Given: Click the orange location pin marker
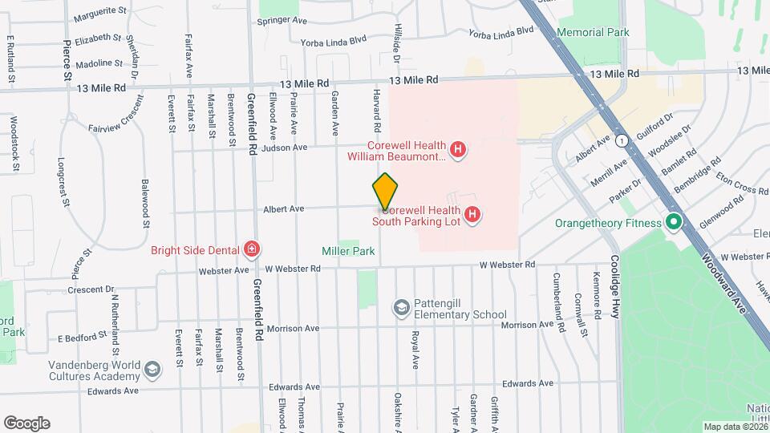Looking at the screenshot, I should click(x=385, y=192).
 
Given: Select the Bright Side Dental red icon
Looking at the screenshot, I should click(x=252, y=249).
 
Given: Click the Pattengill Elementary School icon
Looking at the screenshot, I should click(x=401, y=307).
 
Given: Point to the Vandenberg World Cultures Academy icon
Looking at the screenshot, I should click(x=152, y=369).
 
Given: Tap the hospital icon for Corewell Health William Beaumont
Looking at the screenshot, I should click(x=458, y=150).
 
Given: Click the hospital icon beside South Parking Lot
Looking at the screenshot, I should click(x=473, y=214).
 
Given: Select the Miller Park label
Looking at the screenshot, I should click(x=348, y=251).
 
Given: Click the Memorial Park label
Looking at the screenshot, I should click(x=593, y=32).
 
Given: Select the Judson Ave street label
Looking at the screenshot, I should click(x=290, y=148).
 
